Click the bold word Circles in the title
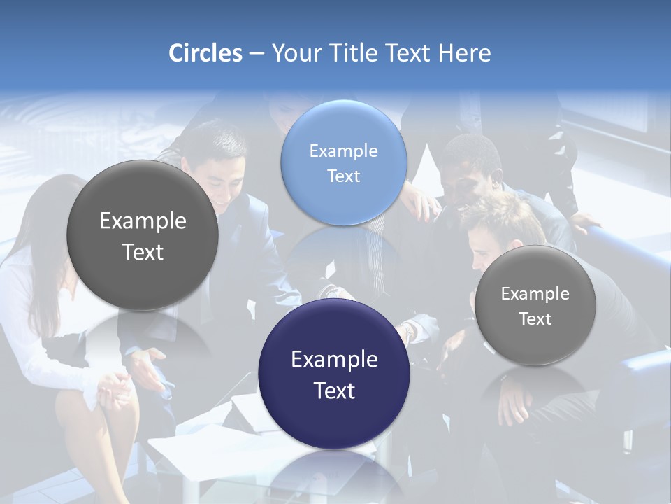coord(205,53)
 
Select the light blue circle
coord(344,162)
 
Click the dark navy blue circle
coord(334,374)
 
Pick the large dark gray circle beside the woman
coord(143,235)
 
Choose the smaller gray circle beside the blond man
coord(535,305)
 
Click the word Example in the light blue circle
coord(343,150)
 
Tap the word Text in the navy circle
coord(334,391)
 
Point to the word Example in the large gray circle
coord(143,220)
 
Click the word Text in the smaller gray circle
coord(535,319)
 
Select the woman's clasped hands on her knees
coord(112,388)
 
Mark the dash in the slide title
coord(257,53)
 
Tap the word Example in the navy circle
coord(334,360)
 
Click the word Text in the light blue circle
coord(343,176)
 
